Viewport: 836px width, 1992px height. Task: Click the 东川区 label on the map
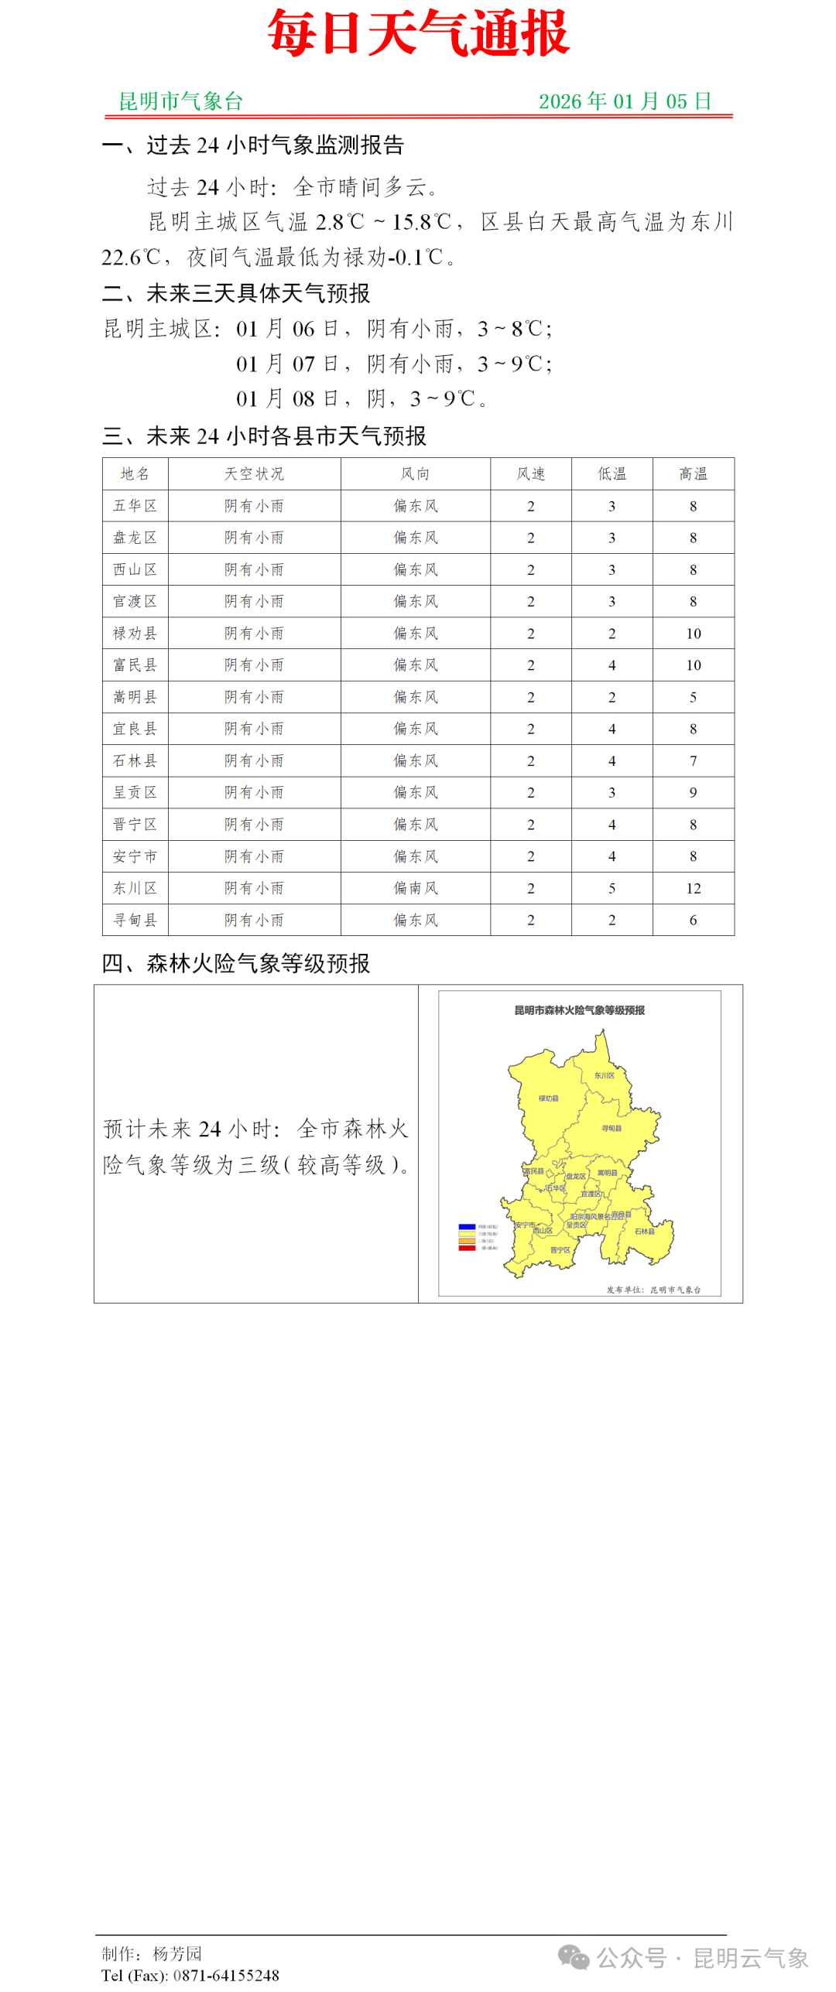(x=604, y=1075)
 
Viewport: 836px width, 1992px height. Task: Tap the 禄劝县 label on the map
(x=548, y=1098)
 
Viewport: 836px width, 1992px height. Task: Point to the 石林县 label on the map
(x=644, y=1231)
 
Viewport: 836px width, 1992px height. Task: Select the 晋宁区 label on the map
(x=560, y=1249)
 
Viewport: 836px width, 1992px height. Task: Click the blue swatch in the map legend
(x=466, y=1226)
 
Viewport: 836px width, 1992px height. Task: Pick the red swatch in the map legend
(x=466, y=1248)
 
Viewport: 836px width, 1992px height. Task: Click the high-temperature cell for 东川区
(x=693, y=888)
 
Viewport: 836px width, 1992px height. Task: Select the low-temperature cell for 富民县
(x=612, y=665)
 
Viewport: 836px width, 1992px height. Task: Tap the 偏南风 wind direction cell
(x=416, y=888)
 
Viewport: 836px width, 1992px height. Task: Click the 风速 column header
(x=530, y=473)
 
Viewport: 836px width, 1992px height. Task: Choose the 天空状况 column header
(x=254, y=473)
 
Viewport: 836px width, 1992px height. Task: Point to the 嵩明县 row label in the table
(x=135, y=697)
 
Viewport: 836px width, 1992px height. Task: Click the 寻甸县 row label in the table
(x=135, y=920)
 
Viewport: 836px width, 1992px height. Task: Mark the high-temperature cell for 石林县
(x=693, y=761)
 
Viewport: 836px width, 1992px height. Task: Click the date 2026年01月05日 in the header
(x=625, y=101)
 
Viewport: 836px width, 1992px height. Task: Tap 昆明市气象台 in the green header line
(x=180, y=101)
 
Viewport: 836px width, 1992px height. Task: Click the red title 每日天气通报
(x=418, y=33)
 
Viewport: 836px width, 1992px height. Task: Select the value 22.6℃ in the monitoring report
(x=131, y=258)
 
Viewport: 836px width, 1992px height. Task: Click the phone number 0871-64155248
(x=226, y=1975)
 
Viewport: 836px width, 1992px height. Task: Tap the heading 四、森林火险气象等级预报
(x=236, y=963)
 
